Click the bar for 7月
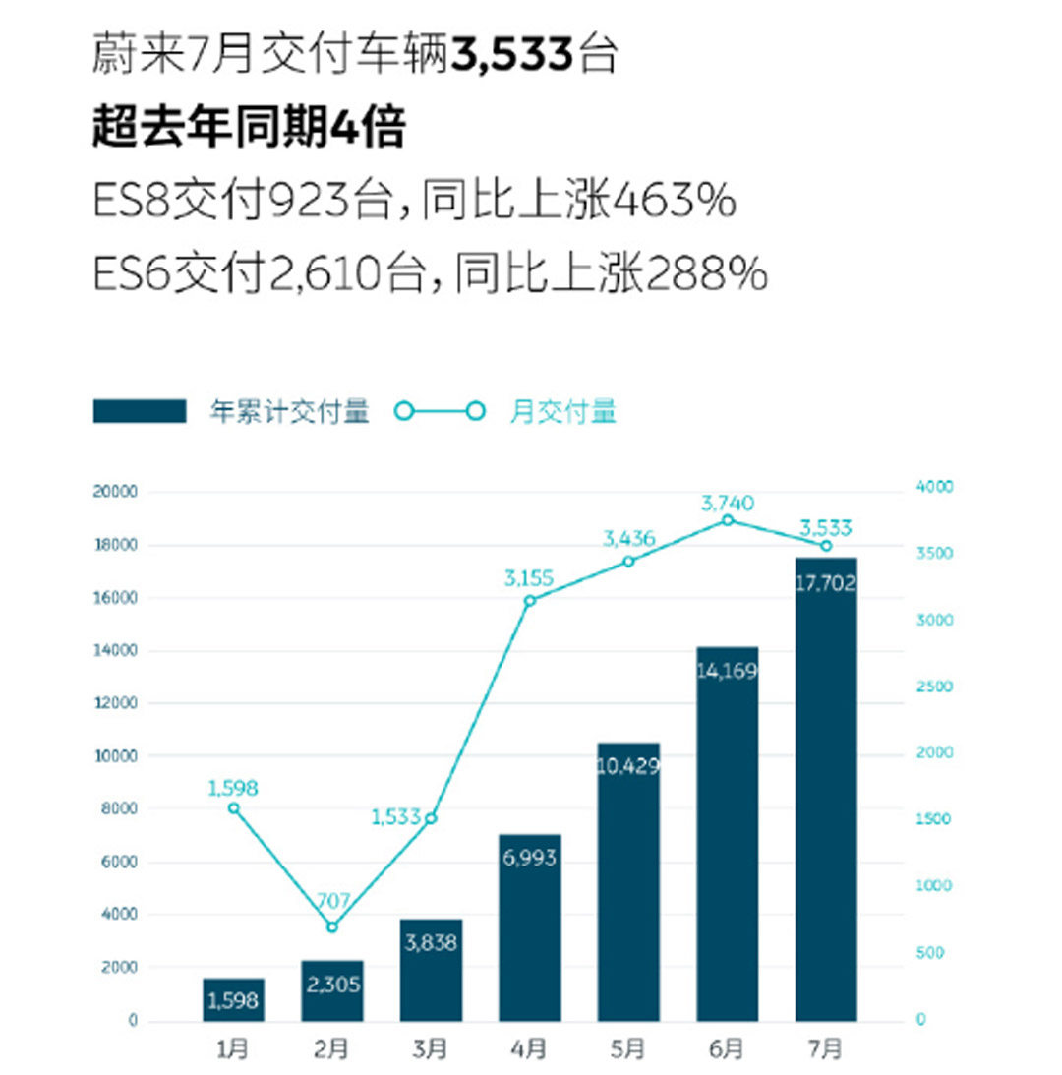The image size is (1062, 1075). coord(825,787)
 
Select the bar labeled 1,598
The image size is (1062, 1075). coord(233,999)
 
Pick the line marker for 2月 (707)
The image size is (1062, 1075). coord(332,926)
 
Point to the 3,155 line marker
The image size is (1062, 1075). coord(529,600)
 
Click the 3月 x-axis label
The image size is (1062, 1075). coord(431,1049)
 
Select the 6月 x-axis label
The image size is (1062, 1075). coord(727,1049)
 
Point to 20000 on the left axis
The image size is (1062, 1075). coord(116,492)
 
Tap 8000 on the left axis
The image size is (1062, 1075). coord(120,808)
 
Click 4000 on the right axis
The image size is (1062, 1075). coord(936,488)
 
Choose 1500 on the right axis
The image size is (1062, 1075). coord(936,819)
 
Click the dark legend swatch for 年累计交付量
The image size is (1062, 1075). coord(140,411)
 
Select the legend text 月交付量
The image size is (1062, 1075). coord(562,411)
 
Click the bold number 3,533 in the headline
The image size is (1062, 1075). coord(512,55)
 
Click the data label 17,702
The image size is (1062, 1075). coord(825,583)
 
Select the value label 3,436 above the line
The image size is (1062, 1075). coord(629,538)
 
